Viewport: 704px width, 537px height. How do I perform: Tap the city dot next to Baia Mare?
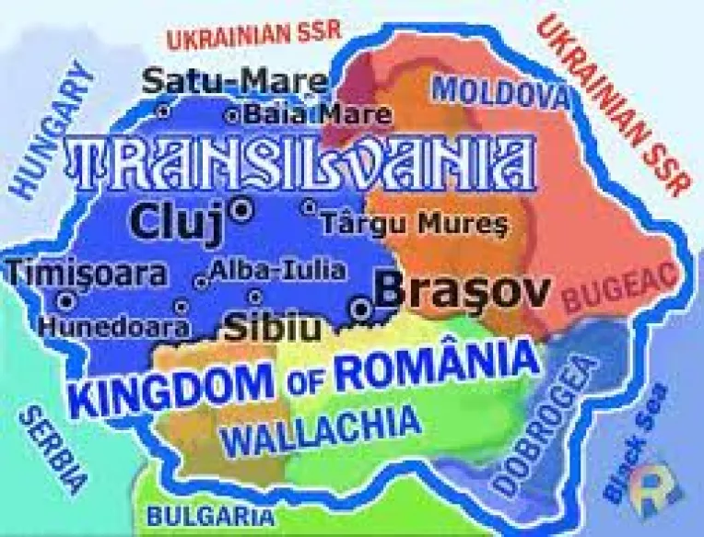pos(231,116)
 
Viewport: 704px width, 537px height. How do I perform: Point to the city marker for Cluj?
pos(243,210)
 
